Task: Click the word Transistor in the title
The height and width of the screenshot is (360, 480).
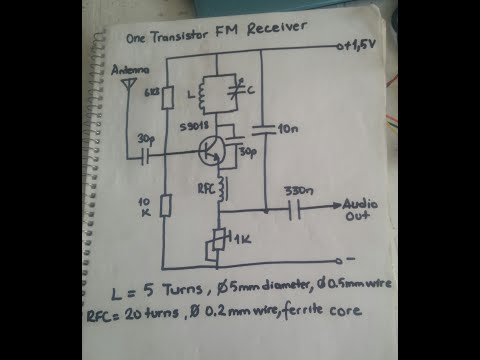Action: point(179,37)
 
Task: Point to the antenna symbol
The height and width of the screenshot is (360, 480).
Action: point(127,87)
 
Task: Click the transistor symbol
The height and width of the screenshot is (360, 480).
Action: point(211,151)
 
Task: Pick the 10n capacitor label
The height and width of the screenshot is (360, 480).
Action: point(290,129)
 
